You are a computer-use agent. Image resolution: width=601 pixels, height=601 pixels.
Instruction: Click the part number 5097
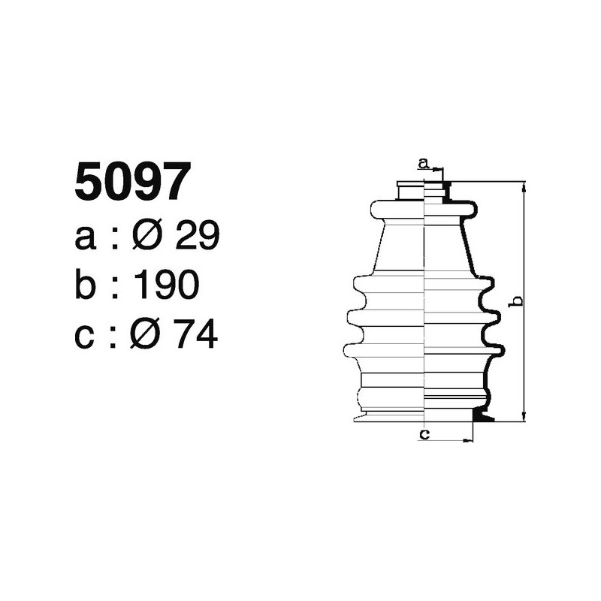point(129,182)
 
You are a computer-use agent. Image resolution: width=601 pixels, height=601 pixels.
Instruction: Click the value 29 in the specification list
point(196,237)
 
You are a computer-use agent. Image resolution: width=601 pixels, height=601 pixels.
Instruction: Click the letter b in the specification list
point(86,285)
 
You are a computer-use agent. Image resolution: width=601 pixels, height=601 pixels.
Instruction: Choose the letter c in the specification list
point(86,335)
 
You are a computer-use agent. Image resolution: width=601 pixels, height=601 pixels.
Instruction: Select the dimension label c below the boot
point(424,433)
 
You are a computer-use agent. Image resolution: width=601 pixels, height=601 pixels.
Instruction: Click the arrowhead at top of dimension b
point(524,186)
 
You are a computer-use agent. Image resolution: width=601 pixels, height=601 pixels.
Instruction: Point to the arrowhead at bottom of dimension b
point(524,416)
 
